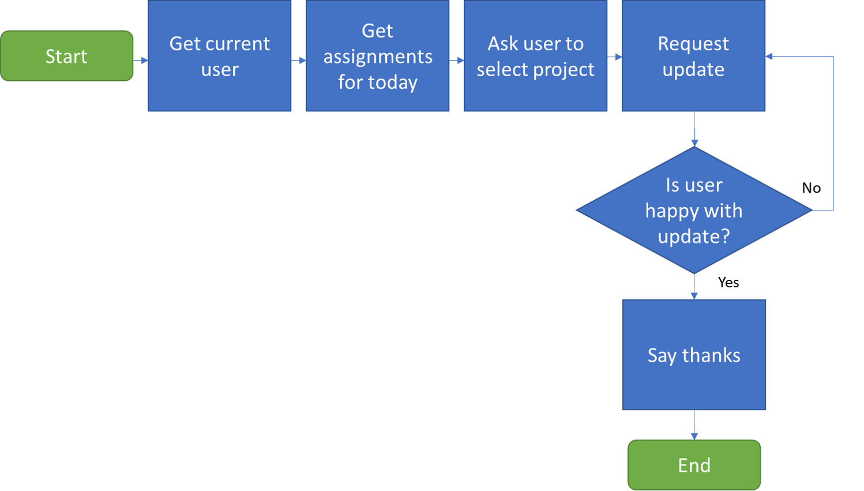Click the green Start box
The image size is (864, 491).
(67, 56)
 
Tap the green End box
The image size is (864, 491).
(694, 465)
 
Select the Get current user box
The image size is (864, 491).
(219, 56)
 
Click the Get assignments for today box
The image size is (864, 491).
(377, 56)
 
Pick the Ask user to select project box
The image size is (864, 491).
(535, 56)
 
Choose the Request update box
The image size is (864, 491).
(693, 56)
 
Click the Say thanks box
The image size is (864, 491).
(694, 355)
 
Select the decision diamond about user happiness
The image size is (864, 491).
(694, 210)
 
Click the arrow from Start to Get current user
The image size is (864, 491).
(141, 60)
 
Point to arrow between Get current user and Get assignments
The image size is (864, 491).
(299, 60)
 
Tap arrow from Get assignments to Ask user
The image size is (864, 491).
(457, 60)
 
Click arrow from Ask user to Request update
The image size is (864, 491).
(615, 57)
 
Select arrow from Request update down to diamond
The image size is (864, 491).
(694, 129)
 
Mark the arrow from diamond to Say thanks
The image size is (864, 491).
(694, 287)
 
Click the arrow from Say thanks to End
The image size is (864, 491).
(694, 426)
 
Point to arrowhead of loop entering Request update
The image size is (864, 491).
(769, 57)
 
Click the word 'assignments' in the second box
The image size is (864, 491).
(378, 57)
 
